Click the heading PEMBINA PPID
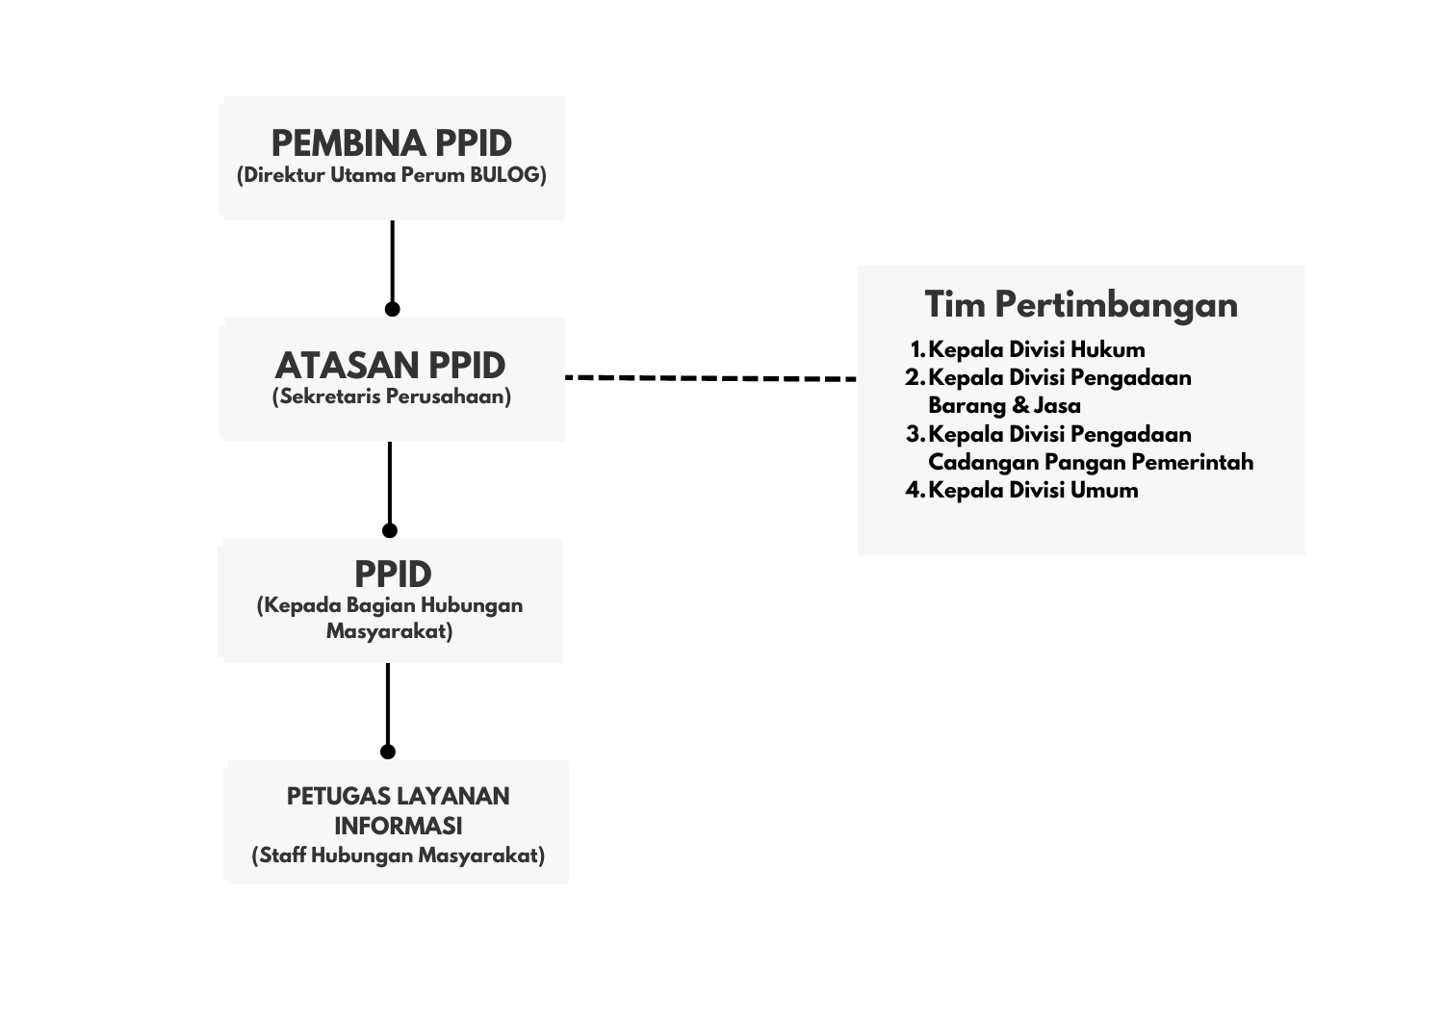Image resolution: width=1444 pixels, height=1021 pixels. tap(391, 143)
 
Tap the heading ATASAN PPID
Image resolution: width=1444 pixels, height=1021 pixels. tap(390, 366)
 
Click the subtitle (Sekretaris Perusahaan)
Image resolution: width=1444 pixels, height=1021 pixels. tap(391, 396)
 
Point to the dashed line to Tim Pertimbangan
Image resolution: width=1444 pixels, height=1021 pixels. tap(711, 378)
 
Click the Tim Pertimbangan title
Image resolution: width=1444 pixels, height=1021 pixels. tap(1081, 304)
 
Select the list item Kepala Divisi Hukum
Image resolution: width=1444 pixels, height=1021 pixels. tap(1036, 350)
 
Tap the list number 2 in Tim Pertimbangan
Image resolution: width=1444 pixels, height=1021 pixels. tap(915, 378)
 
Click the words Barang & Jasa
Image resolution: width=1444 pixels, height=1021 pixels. tap(1004, 406)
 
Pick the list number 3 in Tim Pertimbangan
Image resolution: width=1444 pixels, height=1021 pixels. tap(915, 434)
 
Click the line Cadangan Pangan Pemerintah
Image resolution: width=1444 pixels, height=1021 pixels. tap(1091, 463)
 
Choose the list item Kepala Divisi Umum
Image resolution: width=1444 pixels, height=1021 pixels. tap(1033, 491)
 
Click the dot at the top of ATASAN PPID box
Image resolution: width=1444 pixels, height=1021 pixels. tap(392, 309)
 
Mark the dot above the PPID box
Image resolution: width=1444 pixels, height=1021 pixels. tap(389, 530)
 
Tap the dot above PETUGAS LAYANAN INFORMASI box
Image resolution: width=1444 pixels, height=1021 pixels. tap(387, 752)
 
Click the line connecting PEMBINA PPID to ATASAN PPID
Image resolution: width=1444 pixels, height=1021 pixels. tap(392, 261)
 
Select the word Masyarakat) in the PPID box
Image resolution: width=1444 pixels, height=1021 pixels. tap(389, 631)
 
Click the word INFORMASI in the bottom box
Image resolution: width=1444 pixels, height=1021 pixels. tap(398, 827)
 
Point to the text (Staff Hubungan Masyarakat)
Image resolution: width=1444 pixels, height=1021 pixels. tap(398, 856)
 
